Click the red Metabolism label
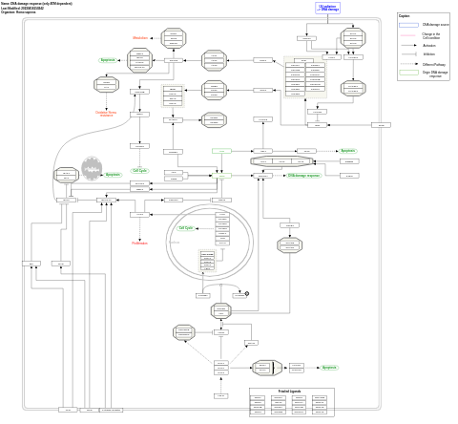point(140,38)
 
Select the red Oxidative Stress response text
point(106,114)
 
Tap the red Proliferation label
point(140,243)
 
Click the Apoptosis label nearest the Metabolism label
point(108,60)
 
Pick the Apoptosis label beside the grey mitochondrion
point(113,175)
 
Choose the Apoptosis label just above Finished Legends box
point(328,368)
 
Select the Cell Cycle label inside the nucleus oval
point(186,228)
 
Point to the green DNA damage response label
point(303,176)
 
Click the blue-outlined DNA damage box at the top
point(327,8)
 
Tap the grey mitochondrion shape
point(91,168)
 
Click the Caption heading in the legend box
point(405,16)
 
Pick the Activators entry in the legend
point(429,45)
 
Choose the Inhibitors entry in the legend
point(429,54)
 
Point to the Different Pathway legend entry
point(434,64)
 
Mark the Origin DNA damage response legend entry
point(434,74)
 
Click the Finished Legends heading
point(291,392)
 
